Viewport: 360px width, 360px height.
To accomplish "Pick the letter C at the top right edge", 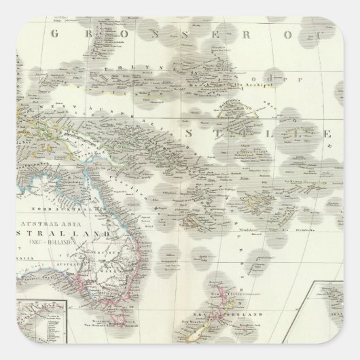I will click(x=346, y=33).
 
